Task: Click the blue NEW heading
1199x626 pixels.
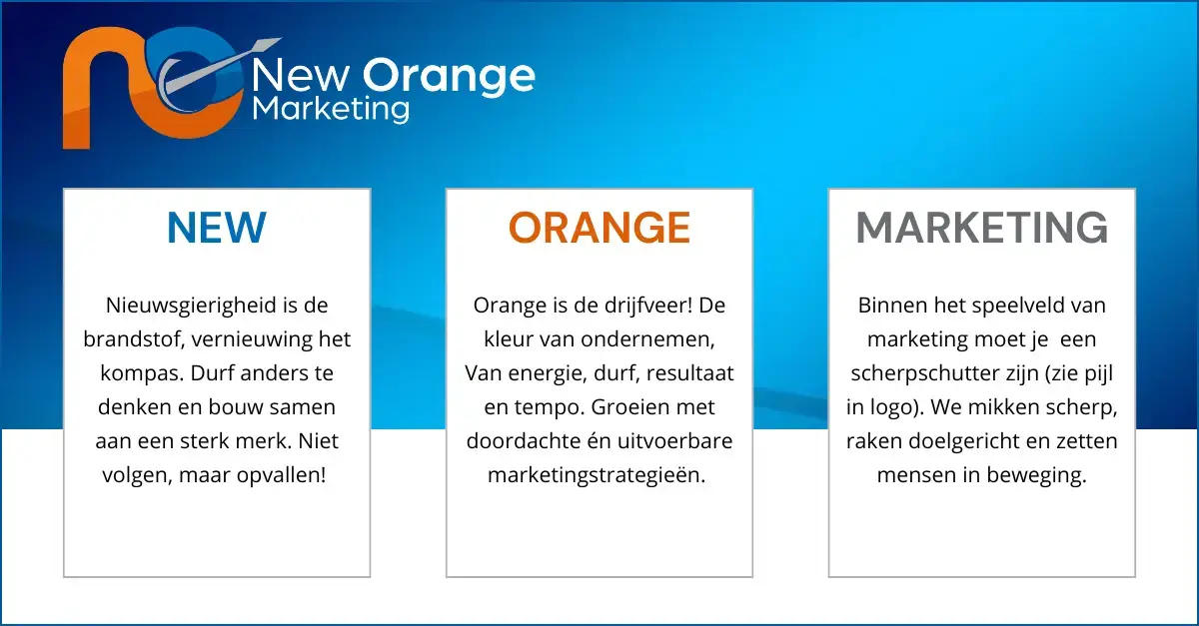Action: coord(216,228)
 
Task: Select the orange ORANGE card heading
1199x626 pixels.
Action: coord(599,228)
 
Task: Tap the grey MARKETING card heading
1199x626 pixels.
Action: coord(981,228)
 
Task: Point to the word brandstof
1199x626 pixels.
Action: coord(134,339)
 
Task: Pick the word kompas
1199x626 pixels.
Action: coord(142,374)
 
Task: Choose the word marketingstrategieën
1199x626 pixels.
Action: coord(597,475)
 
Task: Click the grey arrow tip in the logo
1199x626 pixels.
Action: coord(280,39)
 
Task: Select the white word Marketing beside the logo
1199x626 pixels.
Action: coord(331,110)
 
